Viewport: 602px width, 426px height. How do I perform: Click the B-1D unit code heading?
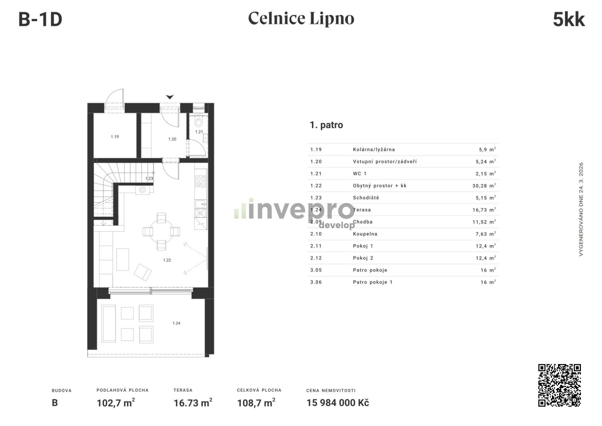pyautogui.click(x=40, y=20)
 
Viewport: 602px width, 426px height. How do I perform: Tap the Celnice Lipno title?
pyautogui.click(x=301, y=18)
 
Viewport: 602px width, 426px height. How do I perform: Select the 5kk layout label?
pyautogui.click(x=569, y=20)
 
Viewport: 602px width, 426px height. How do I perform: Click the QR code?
pyautogui.click(x=559, y=385)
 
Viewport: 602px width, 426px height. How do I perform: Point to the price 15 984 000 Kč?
pyautogui.click(x=337, y=403)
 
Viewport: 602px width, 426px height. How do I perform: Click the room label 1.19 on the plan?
pyautogui.click(x=115, y=137)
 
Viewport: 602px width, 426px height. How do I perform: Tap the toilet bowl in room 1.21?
pyautogui.click(x=199, y=122)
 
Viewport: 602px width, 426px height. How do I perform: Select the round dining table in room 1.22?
pyautogui.click(x=161, y=231)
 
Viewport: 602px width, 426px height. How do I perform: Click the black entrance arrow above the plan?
pyautogui.click(x=170, y=97)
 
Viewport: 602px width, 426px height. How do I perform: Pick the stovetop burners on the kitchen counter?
pyautogui.click(x=201, y=181)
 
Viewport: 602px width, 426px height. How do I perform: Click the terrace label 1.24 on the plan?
pyautogui.click(x=176, y=323)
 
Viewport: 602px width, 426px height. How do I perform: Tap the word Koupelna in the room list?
pyautogui.click(x=365, y=234)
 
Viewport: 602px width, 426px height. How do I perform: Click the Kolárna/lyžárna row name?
pyautogui.click(x=374, y=150)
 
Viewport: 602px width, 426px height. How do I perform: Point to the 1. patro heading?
pyautogui.click(x=326, y=125)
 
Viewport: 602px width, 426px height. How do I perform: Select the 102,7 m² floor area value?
pyautogui.click(x=116, y=403)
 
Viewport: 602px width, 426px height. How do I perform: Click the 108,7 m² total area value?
pyautogui.click(x=256, y=403)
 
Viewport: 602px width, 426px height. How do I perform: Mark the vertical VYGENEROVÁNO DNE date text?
pyautogui.click(x=581, y=209)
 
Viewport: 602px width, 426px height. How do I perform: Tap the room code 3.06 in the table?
pyautogui.click(x=316, y=282)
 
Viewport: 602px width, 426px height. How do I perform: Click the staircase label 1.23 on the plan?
pyautogui.click(x=149, y=179)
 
